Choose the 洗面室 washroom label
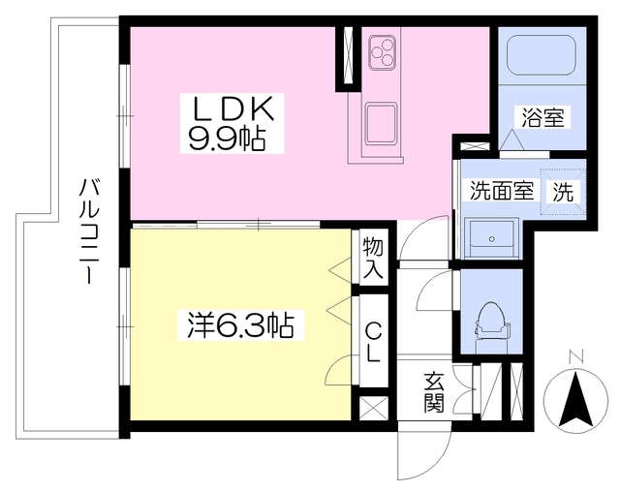point(502,191)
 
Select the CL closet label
point(373,340)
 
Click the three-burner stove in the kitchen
point(382,50)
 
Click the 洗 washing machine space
point(562,192)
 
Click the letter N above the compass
point(579,355)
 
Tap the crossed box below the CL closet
point(373,407)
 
